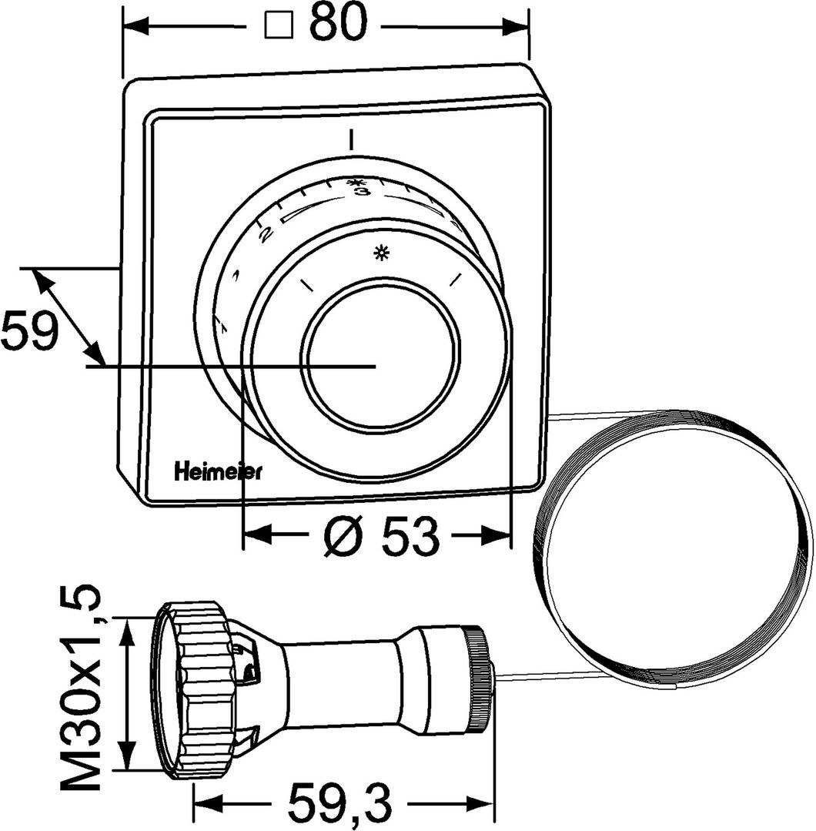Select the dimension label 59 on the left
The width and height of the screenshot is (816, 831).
click(28, 332)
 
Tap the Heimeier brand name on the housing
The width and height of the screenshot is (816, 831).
click(217, 471)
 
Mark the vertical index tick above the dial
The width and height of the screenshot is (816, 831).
click(351, 139)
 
